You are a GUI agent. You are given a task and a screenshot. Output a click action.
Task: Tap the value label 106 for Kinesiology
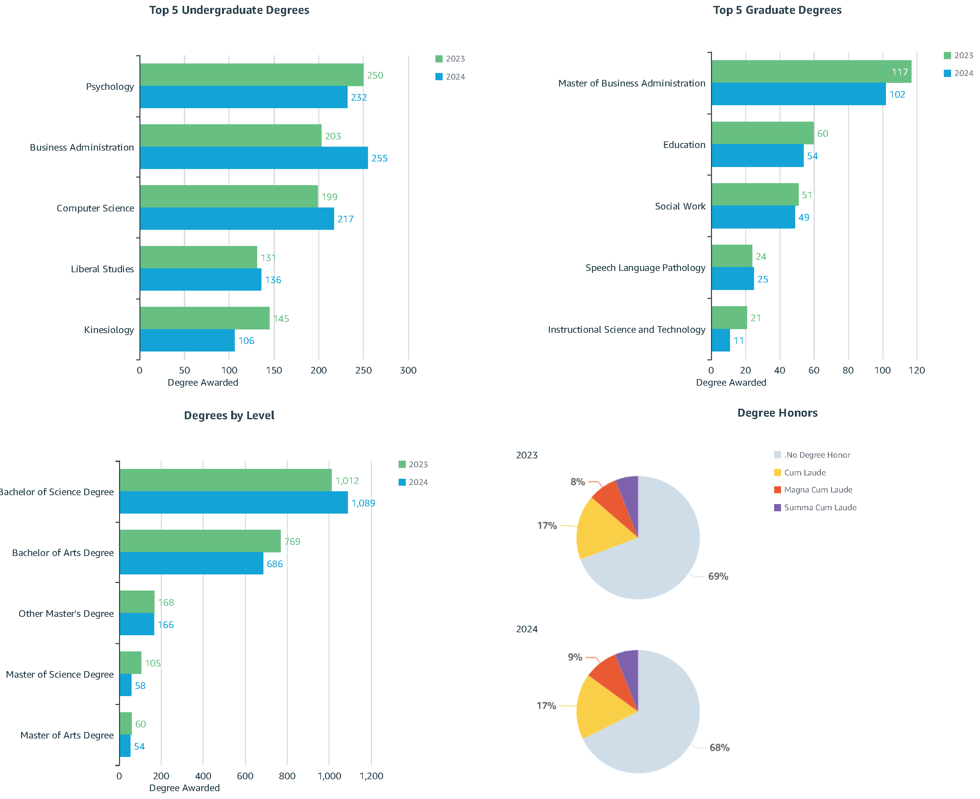click(x=246, y=341)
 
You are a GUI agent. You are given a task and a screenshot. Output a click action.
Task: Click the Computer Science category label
click(x=95, y=208)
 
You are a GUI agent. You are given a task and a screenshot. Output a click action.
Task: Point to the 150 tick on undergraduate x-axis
click(x=274, y=370)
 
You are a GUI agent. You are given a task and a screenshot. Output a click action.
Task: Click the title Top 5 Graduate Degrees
click(x=777, y=10)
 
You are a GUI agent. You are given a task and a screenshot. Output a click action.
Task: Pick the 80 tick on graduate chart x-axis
click(x=848, y=370)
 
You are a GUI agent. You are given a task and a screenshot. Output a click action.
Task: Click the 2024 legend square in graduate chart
click(x=947, y=73)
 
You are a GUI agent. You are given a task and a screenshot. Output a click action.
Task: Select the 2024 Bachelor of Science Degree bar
click(x=233, y=503)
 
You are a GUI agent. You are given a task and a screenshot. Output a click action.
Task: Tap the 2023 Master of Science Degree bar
click(x=130, y=663)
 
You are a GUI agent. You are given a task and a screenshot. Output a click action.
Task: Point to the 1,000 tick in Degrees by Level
click(x=329, y=776)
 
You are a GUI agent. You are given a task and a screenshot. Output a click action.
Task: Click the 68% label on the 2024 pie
click(x=719, y=747)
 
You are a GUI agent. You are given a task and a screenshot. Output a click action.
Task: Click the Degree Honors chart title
click(x=777, y=413)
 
